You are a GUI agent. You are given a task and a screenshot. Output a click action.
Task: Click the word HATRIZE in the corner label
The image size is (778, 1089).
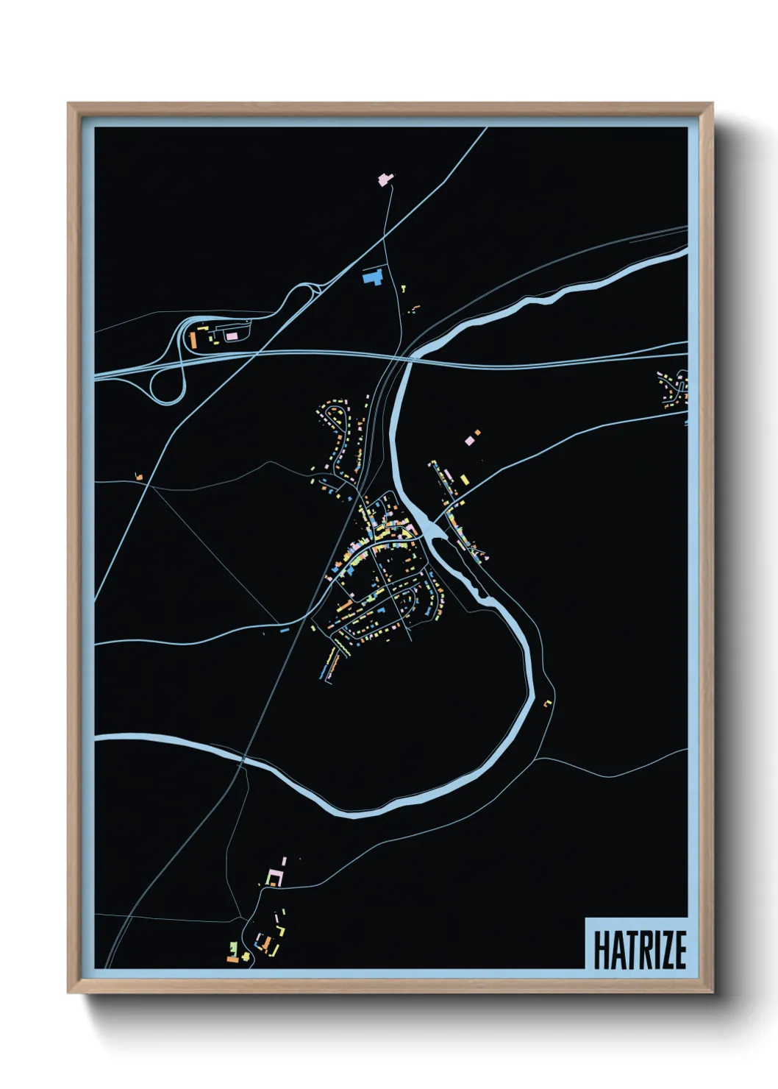pos(639,950)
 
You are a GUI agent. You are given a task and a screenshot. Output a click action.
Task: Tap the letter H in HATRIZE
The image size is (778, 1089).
pos(601,950)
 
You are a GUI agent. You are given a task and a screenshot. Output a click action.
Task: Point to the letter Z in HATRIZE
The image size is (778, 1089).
pos(664,950)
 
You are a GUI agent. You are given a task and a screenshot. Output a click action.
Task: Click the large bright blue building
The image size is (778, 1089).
pos(374,277)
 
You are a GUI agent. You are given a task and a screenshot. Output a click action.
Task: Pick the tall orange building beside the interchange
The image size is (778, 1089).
pos(193,340)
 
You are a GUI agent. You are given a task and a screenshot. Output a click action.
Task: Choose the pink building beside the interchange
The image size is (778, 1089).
pos(232,336)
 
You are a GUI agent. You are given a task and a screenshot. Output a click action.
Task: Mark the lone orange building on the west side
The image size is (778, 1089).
pos(138,477)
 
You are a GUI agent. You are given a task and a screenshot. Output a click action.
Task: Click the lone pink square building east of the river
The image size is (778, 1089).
pos(469,441)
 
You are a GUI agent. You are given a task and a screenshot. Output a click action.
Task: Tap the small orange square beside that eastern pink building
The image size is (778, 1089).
pos(477,432)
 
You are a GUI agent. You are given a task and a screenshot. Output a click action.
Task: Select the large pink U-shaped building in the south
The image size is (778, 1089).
pos(274,877)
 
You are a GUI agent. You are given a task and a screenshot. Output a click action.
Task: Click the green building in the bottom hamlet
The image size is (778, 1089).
pos(233,946)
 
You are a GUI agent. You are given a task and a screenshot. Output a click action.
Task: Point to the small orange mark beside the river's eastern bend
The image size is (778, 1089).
pos(546,704)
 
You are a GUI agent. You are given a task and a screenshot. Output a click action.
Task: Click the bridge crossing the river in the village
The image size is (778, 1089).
pos(434,527)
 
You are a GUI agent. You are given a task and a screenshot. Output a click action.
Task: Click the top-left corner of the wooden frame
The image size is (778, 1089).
pos(68,104)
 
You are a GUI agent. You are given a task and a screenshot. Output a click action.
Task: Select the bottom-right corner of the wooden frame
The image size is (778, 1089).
pos(712,993)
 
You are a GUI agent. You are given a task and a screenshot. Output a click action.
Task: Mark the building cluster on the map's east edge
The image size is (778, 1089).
pos(674,388)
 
